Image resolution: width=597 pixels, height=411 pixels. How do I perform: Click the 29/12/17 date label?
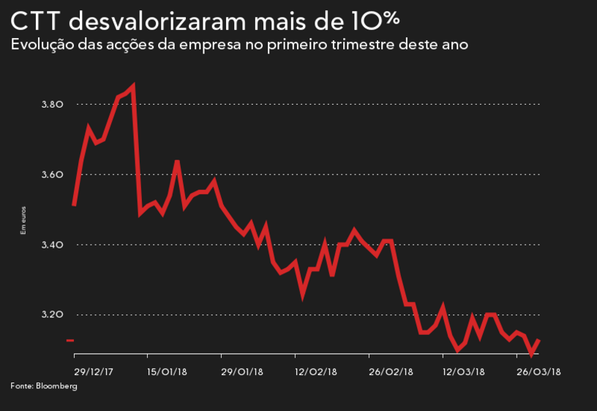tap(94, 371)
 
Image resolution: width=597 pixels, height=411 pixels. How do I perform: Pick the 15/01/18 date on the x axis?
tap(168, 371)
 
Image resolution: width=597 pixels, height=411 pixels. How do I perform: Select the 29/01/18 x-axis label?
tap(241, 371)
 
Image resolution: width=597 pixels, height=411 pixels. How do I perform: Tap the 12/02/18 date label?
tap(315, 371)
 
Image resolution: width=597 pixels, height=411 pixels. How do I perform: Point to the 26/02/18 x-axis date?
tap(391, 371)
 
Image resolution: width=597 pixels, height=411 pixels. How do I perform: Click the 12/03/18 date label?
tap(464, 371)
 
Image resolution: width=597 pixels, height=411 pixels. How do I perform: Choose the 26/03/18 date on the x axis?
tap(538, 371)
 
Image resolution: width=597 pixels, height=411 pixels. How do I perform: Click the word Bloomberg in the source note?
tap(56, 385)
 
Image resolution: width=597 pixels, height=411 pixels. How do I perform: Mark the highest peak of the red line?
tap(132, 87)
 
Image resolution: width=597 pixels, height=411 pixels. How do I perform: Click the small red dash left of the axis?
tap(70, 340)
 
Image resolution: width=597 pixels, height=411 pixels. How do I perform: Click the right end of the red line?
tap(539, 340)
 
